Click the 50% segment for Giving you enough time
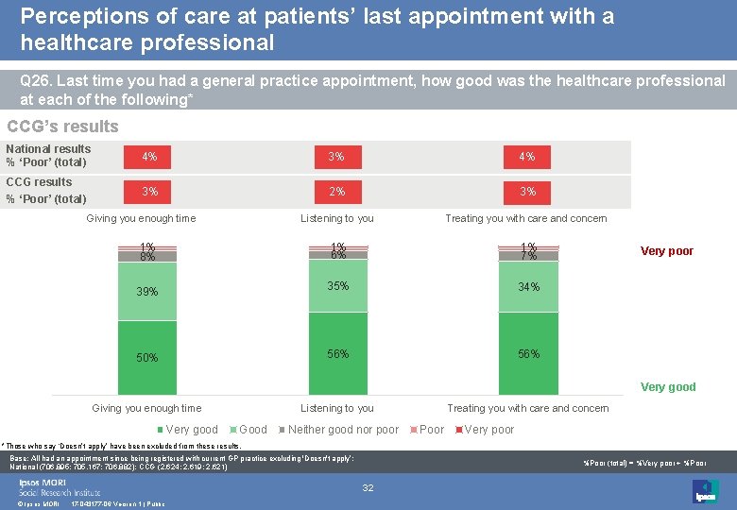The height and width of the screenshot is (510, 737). coord(147,357)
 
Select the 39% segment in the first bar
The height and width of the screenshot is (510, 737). coord(147,292)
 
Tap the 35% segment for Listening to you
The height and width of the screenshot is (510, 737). coord(337,286)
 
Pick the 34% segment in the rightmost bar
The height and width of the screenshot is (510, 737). coord(528,287)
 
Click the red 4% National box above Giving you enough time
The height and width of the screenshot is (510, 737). coord(149,157)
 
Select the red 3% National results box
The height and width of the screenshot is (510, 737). coord(337,157)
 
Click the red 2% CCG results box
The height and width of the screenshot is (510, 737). coord(337,192)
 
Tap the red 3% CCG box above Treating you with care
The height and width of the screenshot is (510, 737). coord(528,192)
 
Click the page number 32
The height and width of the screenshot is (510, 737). coord(368,487)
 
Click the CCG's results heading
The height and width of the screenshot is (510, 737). coord(62,127)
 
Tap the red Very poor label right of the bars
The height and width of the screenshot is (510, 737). coord(667,251)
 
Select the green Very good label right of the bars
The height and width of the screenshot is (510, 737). coord(668,386)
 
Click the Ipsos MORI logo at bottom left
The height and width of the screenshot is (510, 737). coord(59,486)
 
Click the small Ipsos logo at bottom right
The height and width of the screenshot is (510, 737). coord(705,490)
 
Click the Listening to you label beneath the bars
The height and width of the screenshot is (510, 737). coord(337,408)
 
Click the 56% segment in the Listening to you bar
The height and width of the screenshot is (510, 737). coord(337,354)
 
